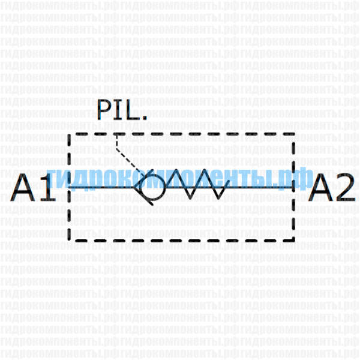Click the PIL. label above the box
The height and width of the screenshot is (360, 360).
tap(122, 110)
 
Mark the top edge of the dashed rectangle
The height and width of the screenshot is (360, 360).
tap(180, 134)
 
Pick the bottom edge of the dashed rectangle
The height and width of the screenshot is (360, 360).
tap(180, 239)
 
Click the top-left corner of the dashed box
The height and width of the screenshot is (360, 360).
tap(71, 134)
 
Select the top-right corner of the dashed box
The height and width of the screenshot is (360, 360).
tap(293, 134)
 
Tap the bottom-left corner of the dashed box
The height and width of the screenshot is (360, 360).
tap(71, 239)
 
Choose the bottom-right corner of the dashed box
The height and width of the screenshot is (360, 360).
tap(293, 239)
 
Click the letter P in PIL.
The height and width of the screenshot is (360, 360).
tap(104, 110)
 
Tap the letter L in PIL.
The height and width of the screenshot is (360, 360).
tap(133, 110)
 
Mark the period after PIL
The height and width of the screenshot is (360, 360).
tap(144, 117)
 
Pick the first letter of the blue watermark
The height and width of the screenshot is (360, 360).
tap(53, 179)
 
